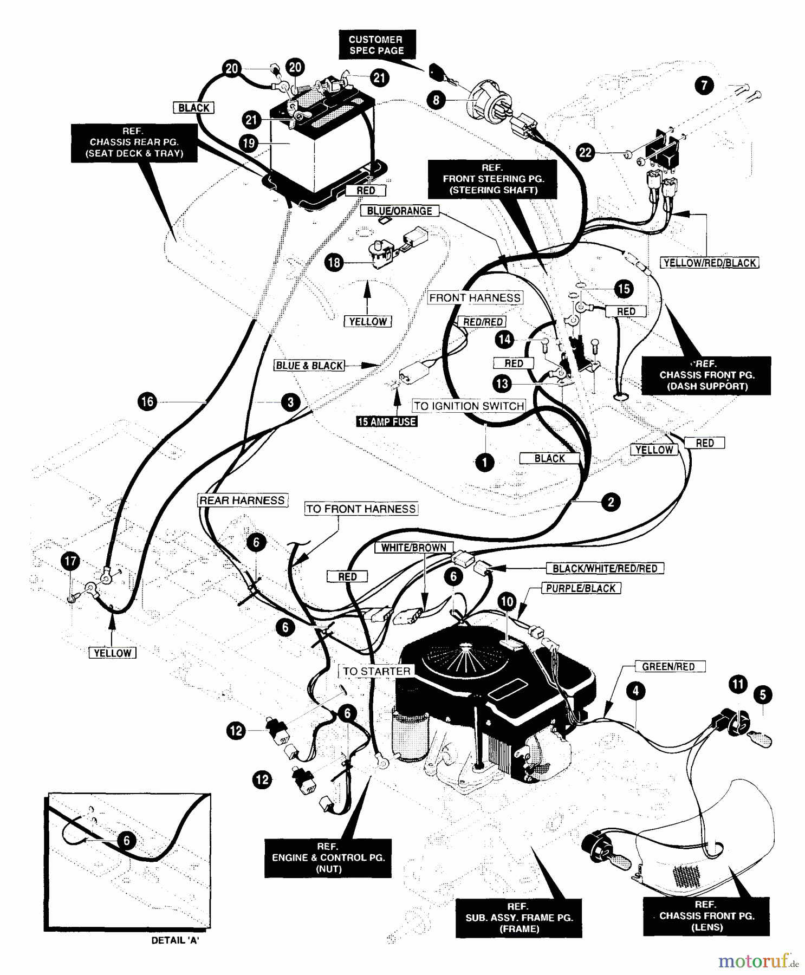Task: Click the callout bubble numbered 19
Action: (x=249, y=143)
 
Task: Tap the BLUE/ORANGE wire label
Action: (x=399, y=211)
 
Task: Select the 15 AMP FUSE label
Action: (x=387, y=421)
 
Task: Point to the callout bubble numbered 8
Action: (x=436, y=100)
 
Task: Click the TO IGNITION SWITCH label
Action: (x=469, y=406)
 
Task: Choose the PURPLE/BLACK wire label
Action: (x=581, y=588)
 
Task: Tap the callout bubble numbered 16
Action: (x=148, y=401)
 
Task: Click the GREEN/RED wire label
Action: (x=668, y=667)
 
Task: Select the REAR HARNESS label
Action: (x=242, y=500)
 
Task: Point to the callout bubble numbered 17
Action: (x=71, y=561)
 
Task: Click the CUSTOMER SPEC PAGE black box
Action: (x=376, y=45)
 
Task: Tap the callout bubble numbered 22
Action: (x=586, y=152)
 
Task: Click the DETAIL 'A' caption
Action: (x=175, y=941)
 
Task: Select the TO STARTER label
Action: (x=376, y=671)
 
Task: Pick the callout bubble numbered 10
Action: (x=507, y=601)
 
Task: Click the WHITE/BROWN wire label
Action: (x=413, y=548)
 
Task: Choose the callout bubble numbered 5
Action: (x=763, y=695)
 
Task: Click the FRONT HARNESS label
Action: (x=475, y=298)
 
